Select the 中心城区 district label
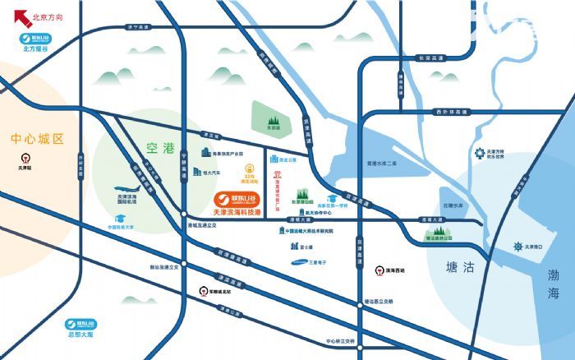(x=37, y=139)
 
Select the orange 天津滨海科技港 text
(x=237, y=212)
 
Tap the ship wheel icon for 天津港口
(x=517, y=247)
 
